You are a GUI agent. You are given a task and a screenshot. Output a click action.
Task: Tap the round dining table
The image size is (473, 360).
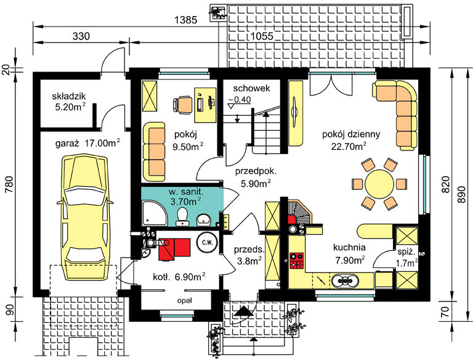[x=379, y=184]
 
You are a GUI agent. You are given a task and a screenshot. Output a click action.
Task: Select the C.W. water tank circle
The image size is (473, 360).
[x=207, y=242]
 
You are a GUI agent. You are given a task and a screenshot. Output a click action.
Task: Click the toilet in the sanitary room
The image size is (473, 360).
[x=182, y=216]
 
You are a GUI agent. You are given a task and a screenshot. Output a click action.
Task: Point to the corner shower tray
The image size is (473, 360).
[x=154, y=213]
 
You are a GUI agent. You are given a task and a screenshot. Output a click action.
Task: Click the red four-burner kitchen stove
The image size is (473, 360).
[x=296, y=261]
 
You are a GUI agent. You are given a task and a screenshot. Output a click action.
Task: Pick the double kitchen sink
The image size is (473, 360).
[x=345, y=281]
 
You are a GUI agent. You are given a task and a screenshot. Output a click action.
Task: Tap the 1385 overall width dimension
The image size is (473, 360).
[x=186, y=20]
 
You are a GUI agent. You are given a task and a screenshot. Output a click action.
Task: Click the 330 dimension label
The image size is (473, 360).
[x=81, y=36]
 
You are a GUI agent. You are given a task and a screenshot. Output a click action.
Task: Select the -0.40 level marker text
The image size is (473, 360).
[x=240, y=99]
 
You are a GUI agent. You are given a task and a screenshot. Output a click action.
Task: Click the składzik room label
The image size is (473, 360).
[x=69, y=96]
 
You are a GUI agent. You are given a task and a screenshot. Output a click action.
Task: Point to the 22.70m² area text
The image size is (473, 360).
[x=349, y=146]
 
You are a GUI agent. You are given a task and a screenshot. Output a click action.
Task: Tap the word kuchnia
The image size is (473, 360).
[x=349, y=247]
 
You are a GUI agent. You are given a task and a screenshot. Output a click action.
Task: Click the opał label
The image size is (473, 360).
[x=185, y=301]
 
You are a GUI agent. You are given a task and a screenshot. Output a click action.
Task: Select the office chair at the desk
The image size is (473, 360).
[x=183, y=105]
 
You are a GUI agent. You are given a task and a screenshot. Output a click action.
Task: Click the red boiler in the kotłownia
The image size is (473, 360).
[x=175, y=248]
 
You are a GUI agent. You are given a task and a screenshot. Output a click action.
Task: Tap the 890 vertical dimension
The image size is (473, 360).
[x=461, y=194]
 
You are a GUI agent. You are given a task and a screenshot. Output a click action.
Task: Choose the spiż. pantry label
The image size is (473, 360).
[x=406, y=252]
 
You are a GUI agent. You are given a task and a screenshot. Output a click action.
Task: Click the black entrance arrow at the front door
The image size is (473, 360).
[x=243, y=312]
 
